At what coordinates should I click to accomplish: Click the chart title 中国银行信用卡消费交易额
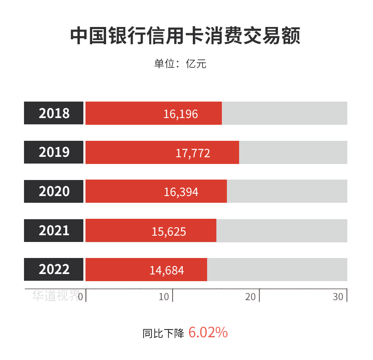pos(185,36)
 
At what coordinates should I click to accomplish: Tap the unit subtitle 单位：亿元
pos(180,64)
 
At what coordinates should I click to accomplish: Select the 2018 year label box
pos(54,113)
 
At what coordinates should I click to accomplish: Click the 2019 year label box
pos(54,152)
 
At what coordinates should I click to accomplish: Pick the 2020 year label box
pos(54,191)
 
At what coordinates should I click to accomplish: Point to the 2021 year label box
pos(54,231)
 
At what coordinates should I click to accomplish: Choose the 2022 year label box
pos(54,269)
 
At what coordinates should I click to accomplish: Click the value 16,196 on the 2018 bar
pos(181,114)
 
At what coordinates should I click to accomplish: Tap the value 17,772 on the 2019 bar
pos(193,153)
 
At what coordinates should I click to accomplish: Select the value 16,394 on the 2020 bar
pos(181,192)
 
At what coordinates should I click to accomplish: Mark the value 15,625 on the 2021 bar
pos(169,231)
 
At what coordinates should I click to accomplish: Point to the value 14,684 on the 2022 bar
pos(167,270)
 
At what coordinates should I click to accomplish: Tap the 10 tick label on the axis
pos(164,297)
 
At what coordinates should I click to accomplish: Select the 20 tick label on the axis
pos(250,297)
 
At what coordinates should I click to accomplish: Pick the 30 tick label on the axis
pos(338,297)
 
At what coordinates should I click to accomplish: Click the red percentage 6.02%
pos(208,333)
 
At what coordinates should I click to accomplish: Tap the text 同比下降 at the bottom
pos(163,333)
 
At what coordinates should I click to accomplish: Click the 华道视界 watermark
pos(56,296)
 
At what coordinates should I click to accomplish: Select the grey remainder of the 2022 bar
pos(277,269)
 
